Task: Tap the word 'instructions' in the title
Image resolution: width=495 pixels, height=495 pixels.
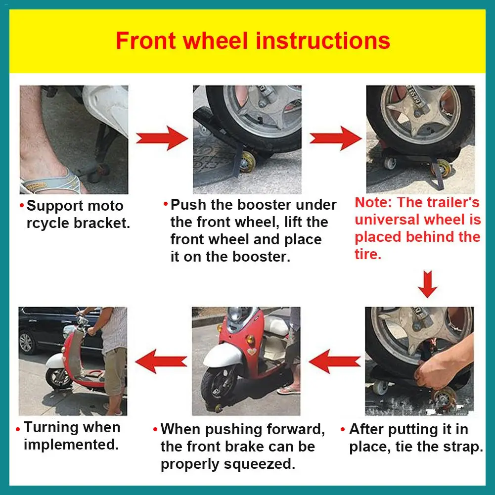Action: pyautogui.click(x=323, y=41)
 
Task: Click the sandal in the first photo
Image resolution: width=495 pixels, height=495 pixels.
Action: pyautogui.click(x=50, y=183)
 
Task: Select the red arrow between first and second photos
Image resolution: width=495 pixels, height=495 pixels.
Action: pyautogui.click(x=162, y=138)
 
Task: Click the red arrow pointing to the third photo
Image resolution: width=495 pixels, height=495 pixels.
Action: pyautogui.click(x=335, y=138)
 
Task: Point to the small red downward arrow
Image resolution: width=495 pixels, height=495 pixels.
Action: pyautogui.click(x=427, y=284)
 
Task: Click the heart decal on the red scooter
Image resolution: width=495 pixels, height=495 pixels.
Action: pyautogui.click(x=252, y=352)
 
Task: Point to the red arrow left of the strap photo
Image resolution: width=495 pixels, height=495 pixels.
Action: pyautogui.click(x=335, y=361)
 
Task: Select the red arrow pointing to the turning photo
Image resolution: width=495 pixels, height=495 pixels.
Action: pyautogui.click(x=161, y=361)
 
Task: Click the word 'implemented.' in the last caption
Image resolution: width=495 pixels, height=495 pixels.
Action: pyautogui.click(x=71, y=445)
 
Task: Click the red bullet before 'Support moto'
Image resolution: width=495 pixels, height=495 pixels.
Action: pyautogui.click(x=22, y=206)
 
